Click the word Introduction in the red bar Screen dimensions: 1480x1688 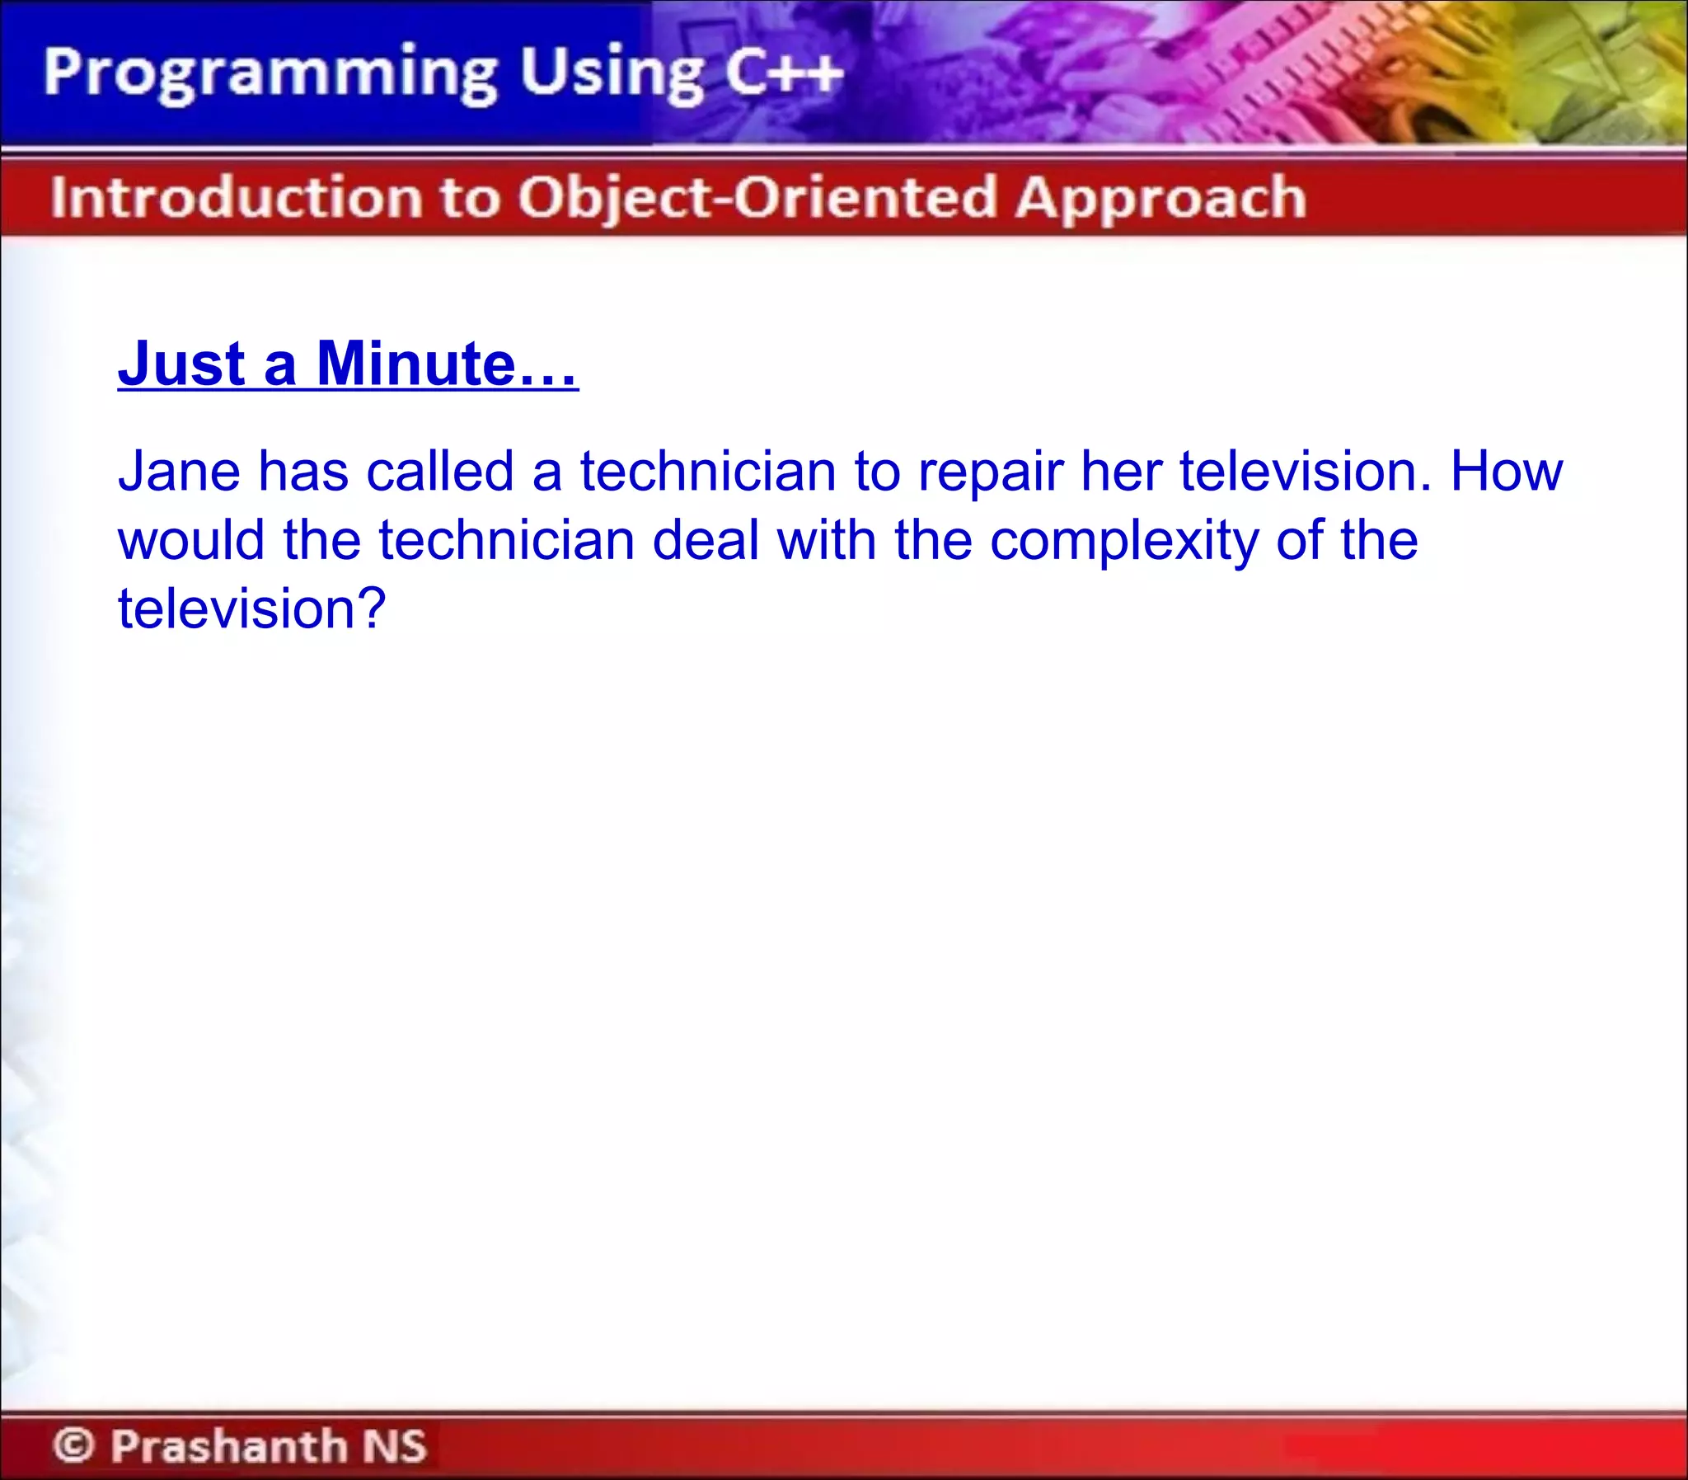coord(235,198)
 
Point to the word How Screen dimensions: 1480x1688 coord(1507,472)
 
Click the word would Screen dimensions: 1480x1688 coord(190,540)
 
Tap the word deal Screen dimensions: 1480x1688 coord(705,540)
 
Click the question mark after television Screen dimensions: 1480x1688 coord(372,608)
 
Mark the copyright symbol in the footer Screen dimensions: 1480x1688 coord(74,1445)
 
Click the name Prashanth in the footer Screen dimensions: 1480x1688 coord(229,1445)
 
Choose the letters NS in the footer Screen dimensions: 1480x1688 coord(395,1445)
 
